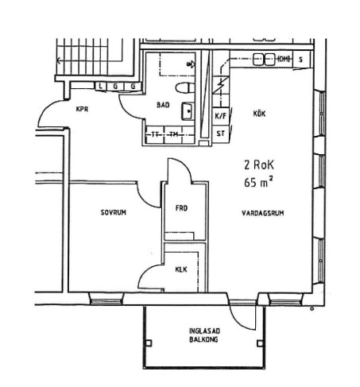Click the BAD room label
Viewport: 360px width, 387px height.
163,105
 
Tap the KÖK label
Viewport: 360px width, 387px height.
259,114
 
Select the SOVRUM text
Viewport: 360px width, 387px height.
114,212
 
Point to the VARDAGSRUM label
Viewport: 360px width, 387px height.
263,213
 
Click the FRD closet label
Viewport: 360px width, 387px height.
181,208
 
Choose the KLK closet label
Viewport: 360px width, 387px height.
181,269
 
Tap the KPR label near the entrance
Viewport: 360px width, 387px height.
82,109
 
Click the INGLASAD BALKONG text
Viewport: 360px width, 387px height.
204,335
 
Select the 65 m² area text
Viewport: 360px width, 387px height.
258,182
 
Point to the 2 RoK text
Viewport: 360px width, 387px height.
259,164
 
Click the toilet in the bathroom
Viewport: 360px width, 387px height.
185,88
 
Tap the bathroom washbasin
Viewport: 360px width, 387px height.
188,111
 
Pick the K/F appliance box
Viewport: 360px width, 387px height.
221,116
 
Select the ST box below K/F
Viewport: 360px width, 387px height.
221,134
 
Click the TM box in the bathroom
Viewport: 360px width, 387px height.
174,135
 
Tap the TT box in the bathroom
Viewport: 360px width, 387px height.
155,135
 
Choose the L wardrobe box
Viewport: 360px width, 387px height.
100,86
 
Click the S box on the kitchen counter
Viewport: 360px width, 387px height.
300,60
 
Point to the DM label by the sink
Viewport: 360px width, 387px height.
284,59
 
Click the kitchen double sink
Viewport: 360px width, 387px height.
264,60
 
